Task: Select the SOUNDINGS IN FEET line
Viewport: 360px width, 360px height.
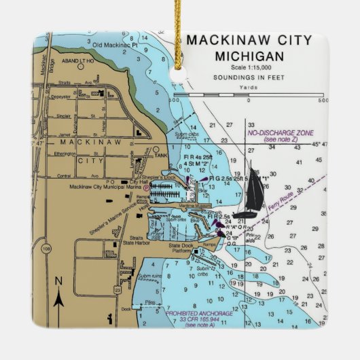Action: [249, 77]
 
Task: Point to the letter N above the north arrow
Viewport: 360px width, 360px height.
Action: [58, 281]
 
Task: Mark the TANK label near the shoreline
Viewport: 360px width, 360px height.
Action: [160, 155]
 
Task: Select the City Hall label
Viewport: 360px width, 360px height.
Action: [139, 182]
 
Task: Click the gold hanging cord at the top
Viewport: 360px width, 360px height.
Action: [183, 24]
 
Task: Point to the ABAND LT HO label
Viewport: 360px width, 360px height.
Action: [77, 60]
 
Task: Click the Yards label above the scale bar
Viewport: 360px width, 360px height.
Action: [249, 88]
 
